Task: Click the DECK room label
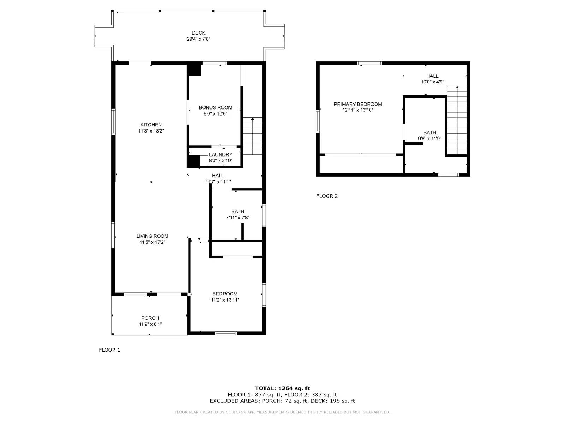coord(198,33)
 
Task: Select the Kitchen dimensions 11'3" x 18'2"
coord(151,131)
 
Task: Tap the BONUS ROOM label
coord(215,107)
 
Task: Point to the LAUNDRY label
coord(220,154)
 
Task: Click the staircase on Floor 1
coord(253,136)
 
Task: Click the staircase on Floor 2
coord(457,120)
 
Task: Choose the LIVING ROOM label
coord(152,236)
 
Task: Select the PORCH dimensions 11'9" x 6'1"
coord(150,324)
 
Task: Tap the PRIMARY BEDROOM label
coord(358,104)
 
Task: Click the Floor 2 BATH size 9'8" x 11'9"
coord(429,139)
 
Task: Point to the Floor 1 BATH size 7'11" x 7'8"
coord(238,218)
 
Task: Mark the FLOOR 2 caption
coord(327,196)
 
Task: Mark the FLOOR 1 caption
coord(109,350)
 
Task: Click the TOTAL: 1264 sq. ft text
coord(282,388)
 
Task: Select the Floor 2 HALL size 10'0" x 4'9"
coord(432,82)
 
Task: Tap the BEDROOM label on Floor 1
coord(225,294)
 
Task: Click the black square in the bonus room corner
coord(194,69)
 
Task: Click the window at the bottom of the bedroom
coord(226,333)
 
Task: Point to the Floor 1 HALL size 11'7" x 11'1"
coord(218,182)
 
